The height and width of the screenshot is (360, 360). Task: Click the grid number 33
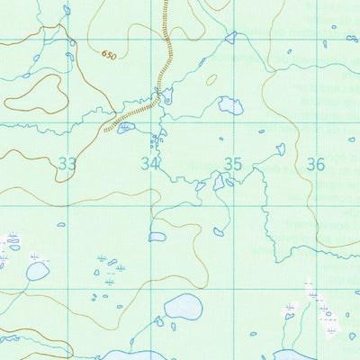click(67, 164)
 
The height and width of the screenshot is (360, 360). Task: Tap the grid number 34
click(149, 164)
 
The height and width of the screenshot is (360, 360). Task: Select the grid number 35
click(233, 164)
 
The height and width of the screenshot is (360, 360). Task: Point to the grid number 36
click(316, 164)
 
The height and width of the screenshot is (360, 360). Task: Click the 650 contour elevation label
click(109, 56)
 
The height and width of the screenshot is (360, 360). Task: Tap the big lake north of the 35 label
click(230, 106)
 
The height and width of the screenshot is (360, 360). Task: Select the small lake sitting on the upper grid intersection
click(231, 38)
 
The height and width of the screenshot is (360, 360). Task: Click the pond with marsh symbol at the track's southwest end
click(125, 128)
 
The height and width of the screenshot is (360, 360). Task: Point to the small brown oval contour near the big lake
click(211, 79)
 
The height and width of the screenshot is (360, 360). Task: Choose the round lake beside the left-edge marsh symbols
click(37, 270)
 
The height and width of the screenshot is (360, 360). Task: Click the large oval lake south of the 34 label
click(184, 307)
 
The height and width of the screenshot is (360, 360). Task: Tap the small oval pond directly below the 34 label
click(157, 237)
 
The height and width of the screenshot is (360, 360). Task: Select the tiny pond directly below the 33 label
click(61, 224)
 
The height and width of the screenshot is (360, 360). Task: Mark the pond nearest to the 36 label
click(281, 148)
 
